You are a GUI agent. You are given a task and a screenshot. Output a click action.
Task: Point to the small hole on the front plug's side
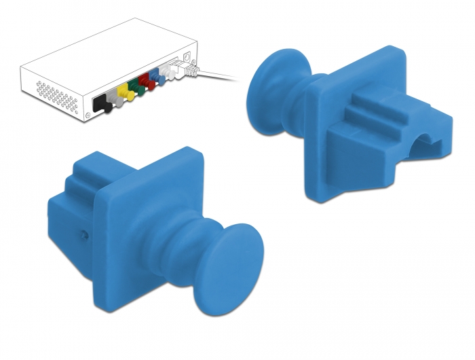click(x=82, y=234)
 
